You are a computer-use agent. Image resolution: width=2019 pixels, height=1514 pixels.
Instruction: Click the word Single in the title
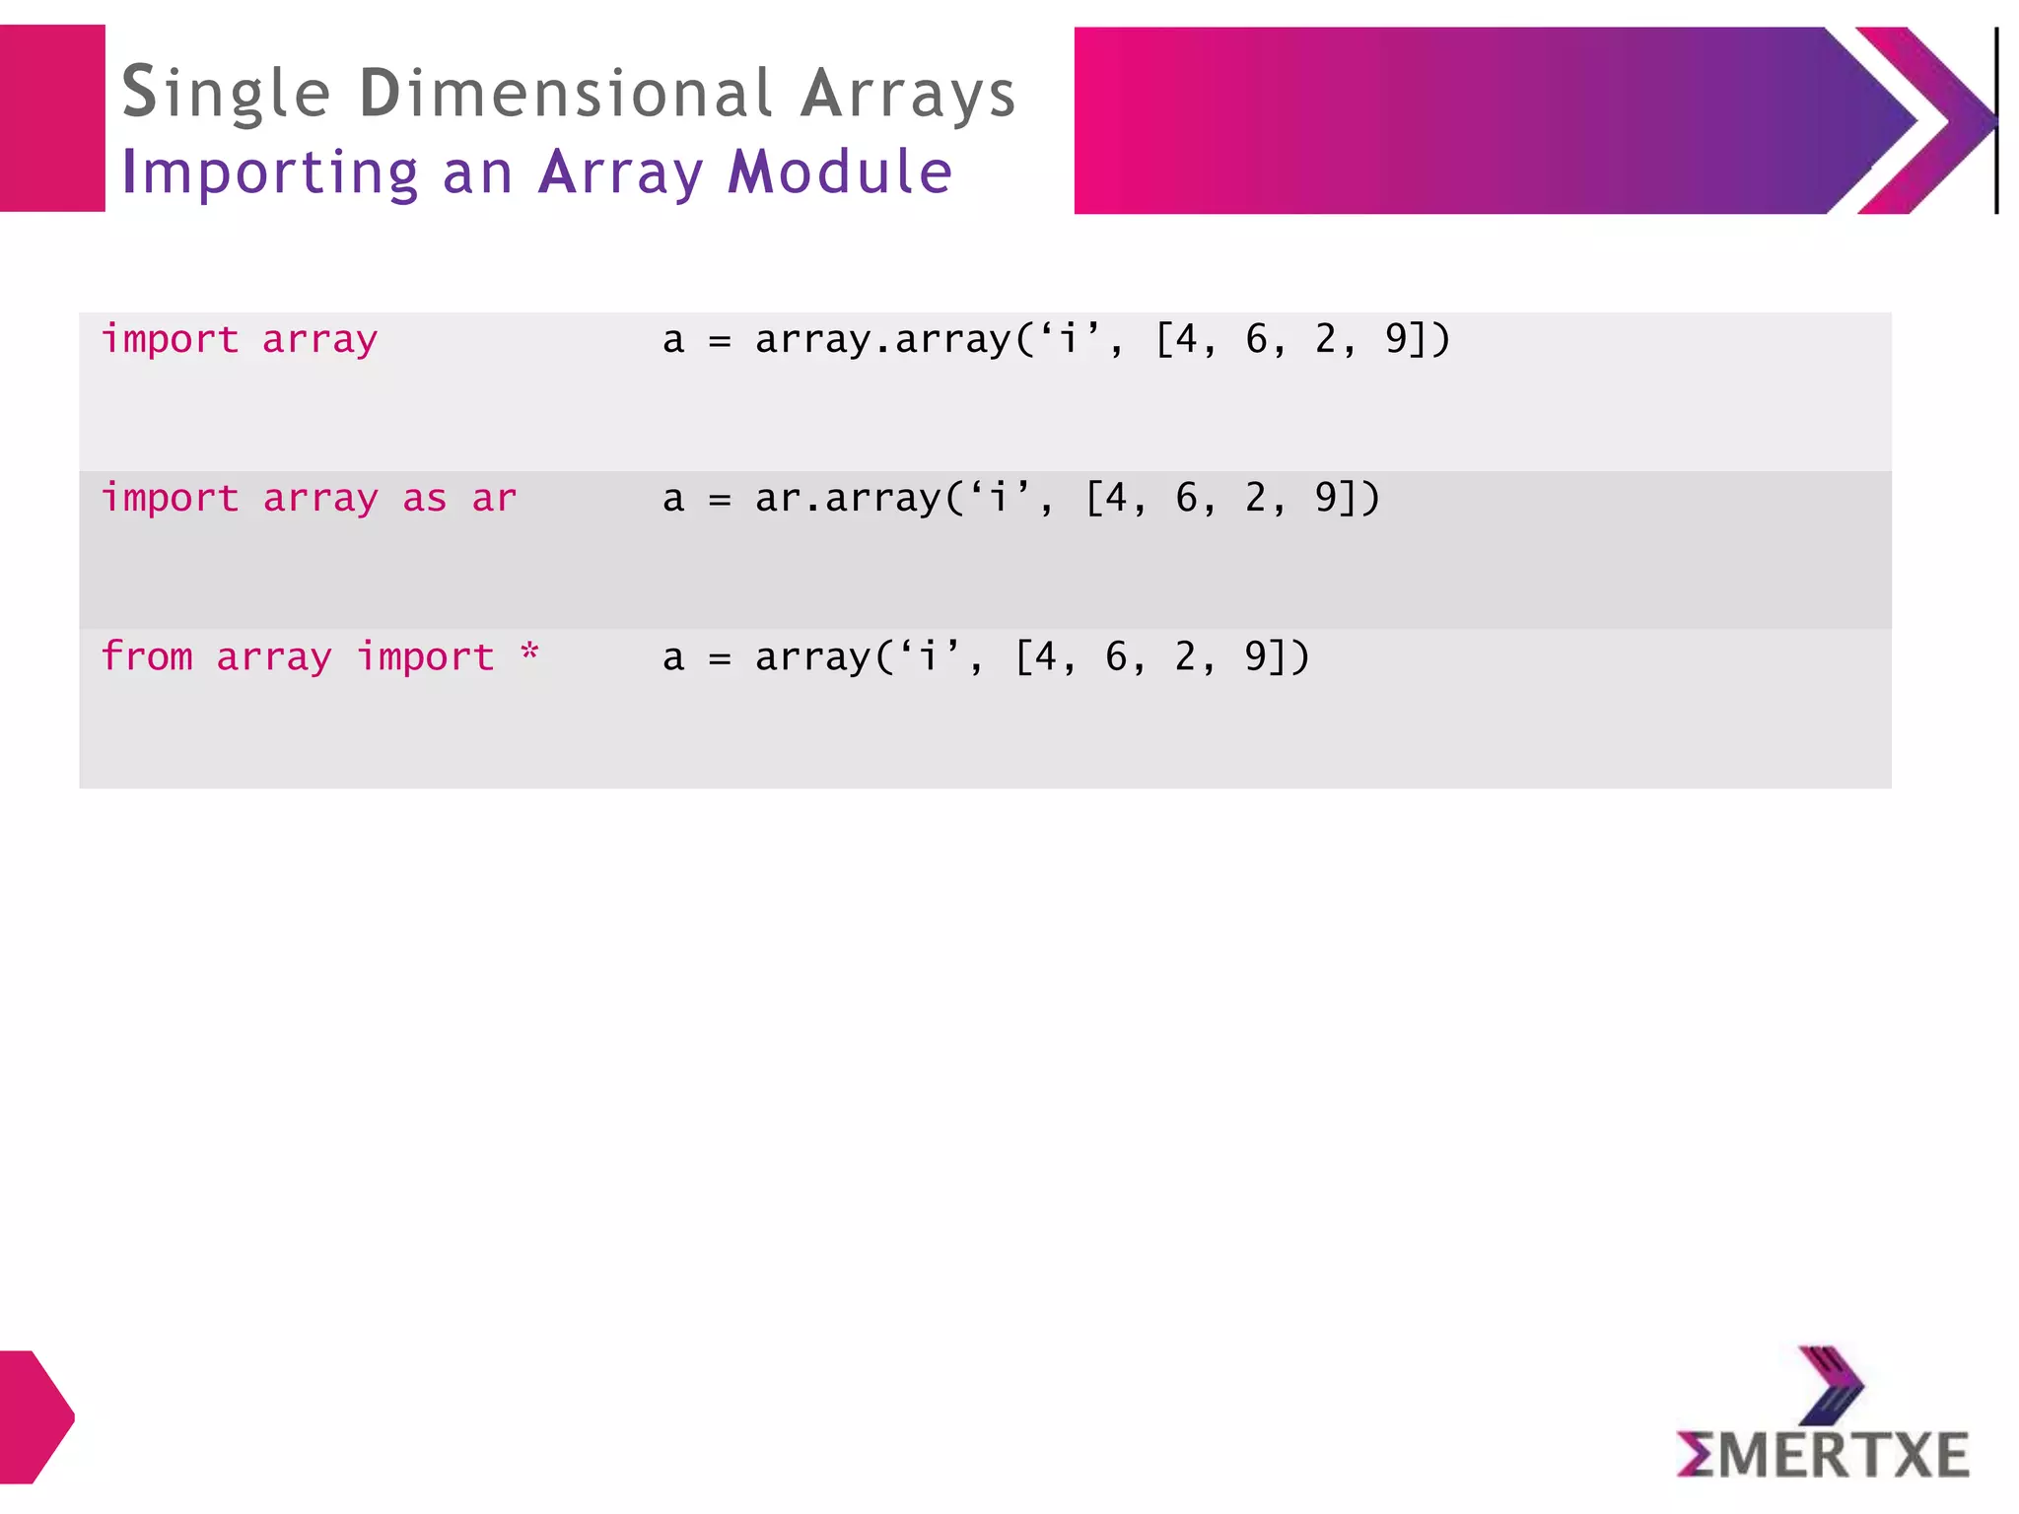pyautogui.click(x=226, y=95)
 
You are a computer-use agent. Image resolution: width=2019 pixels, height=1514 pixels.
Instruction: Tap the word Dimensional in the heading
pyautogui.click(x=565, y=94)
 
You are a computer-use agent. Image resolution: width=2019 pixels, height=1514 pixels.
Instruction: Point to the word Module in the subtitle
pyautogui.click(x=840, y=172)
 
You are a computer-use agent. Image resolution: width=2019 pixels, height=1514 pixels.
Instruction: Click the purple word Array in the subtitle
pyautogui.click(x=621, y=173)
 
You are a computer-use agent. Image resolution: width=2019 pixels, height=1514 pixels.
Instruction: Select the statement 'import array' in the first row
pyautogui.click(x=240, y=340)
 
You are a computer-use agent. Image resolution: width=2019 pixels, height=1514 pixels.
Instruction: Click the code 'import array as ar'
pyautogui.click(x=309, y=499)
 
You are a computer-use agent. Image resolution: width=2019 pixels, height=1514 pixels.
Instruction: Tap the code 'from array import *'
pyautogui.click(x=319, y=657)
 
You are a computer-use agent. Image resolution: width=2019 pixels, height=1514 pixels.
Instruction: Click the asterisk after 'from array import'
pyautogui.click(x=530, y=654)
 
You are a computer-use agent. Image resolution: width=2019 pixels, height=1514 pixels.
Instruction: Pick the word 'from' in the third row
pyautogui.click(x=147, y=656)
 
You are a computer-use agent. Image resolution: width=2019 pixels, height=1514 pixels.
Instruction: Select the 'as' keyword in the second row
pyautogui.click(x=425, y=499)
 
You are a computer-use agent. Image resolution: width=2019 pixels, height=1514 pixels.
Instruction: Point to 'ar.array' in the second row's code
pyautogui.click(x=848, y=499)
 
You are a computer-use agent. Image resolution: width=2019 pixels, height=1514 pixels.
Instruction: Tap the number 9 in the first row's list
pyautogui.click(x=1396, y=339)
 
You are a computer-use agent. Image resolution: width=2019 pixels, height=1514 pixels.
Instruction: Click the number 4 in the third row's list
pyautogui.click(x=1047, y=656)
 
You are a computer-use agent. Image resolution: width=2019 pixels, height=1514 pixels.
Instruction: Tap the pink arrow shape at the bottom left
pyautogui.click(x=35, y=1416)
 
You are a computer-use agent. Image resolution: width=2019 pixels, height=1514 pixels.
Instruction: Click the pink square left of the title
pyautogui.click(x=52, y=118)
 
